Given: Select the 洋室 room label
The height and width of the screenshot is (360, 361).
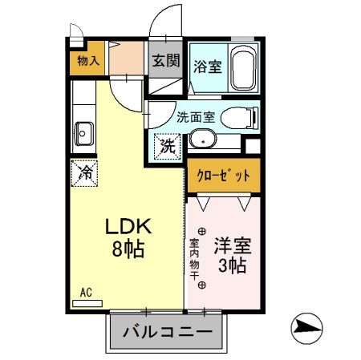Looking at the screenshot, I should (229, 243).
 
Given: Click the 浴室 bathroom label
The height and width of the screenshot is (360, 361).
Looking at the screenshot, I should (208, 67).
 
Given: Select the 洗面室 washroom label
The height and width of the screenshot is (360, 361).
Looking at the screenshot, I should (196, 117).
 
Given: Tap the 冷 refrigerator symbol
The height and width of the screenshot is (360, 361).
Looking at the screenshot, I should (83, 171).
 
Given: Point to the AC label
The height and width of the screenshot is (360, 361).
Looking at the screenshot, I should (85, 293).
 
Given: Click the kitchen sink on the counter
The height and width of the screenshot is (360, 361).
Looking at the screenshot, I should (82, 131).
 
